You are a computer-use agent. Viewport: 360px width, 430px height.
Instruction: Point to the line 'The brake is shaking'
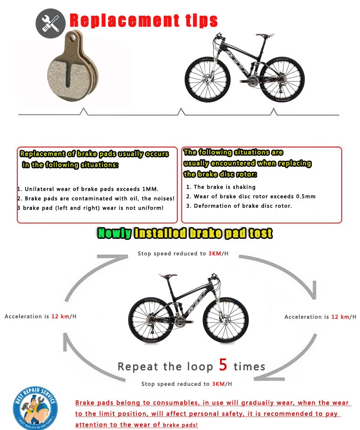221,187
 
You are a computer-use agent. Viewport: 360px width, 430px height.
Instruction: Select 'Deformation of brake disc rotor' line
239,206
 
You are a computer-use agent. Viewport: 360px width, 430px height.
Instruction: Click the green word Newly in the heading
114,233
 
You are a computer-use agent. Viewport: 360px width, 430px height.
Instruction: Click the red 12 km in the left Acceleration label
60,316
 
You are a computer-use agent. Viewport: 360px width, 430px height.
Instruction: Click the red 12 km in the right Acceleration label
340,317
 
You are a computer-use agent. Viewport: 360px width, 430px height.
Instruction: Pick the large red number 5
223,364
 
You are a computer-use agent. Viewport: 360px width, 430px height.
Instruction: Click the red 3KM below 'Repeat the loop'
217,384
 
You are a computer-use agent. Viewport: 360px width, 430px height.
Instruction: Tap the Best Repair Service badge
35,407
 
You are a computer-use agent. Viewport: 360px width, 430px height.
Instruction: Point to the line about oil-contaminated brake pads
96,198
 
